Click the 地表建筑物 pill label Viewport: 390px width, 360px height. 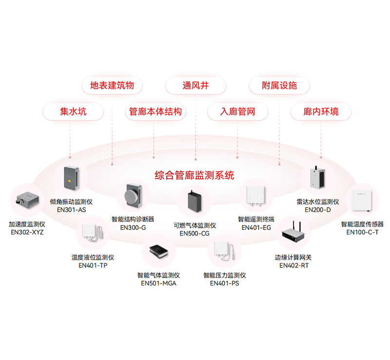pyautogui.click(x=112, y=86)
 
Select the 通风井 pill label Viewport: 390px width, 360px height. pyautogui.click(x=195, y=86)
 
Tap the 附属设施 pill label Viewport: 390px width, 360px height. pyautogui.click(x=279, y=86)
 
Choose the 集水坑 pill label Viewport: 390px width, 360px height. pyautogui.click(x=73, y=112)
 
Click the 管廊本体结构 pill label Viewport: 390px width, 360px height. pyautogui.click(x=155, y=112)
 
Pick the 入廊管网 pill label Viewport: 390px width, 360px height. pyautogui.click(x=237, y=112)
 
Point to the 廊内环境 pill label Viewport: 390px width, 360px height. pyautogui.click(x=321, y=112)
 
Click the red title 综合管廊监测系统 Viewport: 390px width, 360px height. pyautogui.click(x=195, y=175)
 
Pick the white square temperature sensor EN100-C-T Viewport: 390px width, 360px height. pyautogui.click(x=362, y=200)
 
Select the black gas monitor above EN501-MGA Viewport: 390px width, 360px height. pyautogui.click(x=158, y=252)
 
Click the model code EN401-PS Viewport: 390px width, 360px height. pyautogui.click(x=225, y=283)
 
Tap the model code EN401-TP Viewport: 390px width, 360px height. pyautogui.click(x=93, y=265)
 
